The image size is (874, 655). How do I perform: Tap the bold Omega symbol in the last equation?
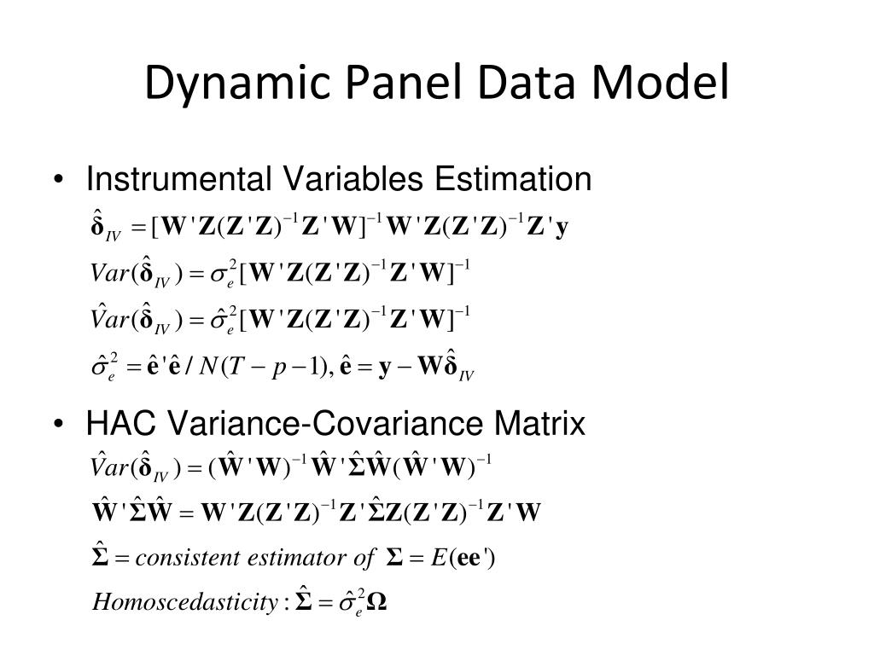378,602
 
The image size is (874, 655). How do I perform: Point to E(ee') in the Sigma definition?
464,559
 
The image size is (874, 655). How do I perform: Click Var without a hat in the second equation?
109,275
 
